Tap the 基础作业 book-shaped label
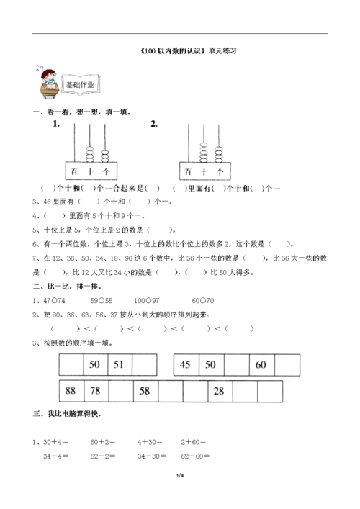point(80,84)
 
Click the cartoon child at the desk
point(45,80)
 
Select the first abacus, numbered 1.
point(91,152)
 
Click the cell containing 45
point(186,366)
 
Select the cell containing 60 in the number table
point(261,366)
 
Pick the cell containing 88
point(71,391)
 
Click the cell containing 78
point(95,391)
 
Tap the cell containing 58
point(145,391)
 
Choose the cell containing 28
point(220,391)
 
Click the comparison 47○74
point(55,300)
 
